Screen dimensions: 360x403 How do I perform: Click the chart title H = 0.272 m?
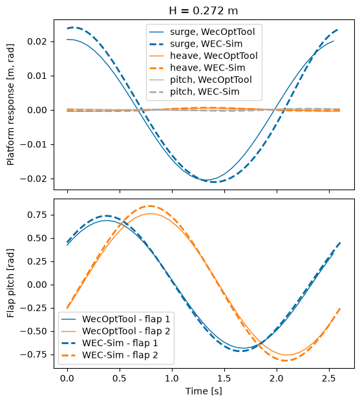[204, 11]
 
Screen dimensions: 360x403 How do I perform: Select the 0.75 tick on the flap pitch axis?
[37, 215]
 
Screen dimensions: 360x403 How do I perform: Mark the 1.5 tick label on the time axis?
[224, 378]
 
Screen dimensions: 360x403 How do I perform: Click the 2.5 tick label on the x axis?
[329, 378]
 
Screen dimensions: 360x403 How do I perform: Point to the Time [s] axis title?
[204, 391]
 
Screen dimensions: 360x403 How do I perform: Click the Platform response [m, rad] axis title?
[10, 105]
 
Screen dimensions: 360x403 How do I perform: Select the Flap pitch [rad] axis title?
[10, 283]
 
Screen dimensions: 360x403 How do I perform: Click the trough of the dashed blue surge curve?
[214, 182]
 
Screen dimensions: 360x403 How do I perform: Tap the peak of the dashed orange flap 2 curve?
[151, 206]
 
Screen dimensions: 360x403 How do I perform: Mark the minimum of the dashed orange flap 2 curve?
[285, 360]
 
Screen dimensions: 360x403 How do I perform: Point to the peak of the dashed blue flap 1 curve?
[106, 216]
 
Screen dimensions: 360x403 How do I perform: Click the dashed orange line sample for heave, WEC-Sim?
[156, 68]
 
